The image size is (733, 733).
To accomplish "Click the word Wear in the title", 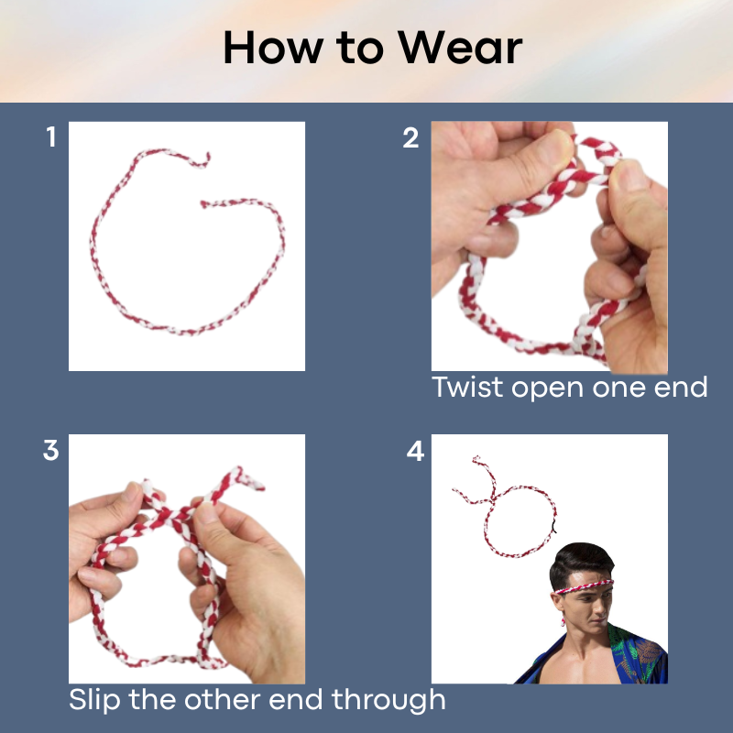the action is [x=460, y=48].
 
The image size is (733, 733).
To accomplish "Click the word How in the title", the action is [x=273, y=48].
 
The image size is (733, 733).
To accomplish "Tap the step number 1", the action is [x=51, y=137].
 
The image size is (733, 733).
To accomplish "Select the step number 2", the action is [x=410, y=138].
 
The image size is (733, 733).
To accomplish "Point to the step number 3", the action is [x=50, y=450].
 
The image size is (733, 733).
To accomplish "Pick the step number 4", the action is [x=415, y=451].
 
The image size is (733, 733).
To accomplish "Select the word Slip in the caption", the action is [x=95, y=700].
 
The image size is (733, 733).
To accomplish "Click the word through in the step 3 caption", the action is [x=388, y=700].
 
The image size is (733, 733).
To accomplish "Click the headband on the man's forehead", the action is [x=584, y=586].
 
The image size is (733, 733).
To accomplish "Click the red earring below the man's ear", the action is [x=563, y=622].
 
